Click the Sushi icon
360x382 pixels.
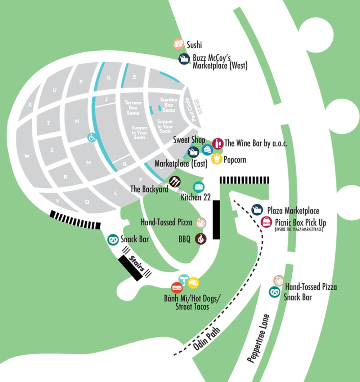[179, 44]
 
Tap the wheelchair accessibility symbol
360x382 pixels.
[92, 138]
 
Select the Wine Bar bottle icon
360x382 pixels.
[218, 144]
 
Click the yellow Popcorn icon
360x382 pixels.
[216, 159]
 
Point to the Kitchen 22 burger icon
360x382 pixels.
[199, 187]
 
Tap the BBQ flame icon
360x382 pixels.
[201, 239]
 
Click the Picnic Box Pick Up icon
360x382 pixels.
[266, 222]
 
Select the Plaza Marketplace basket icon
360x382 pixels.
[257, 210]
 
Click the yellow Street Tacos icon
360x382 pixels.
[193, 283]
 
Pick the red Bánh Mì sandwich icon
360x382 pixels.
[177, 288]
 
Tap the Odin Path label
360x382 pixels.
[207, 339]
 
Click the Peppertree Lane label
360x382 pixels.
[258, 338]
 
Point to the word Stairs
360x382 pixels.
[137, 264]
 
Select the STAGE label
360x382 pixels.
[198, 107]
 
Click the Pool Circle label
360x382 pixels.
[190, 109]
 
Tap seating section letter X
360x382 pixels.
[30, 104]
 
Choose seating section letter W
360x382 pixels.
[27, 156]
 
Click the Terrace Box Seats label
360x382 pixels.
[133, 108]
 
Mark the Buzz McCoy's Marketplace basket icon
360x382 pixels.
[184, 59]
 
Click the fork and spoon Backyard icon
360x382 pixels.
[175, 181]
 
